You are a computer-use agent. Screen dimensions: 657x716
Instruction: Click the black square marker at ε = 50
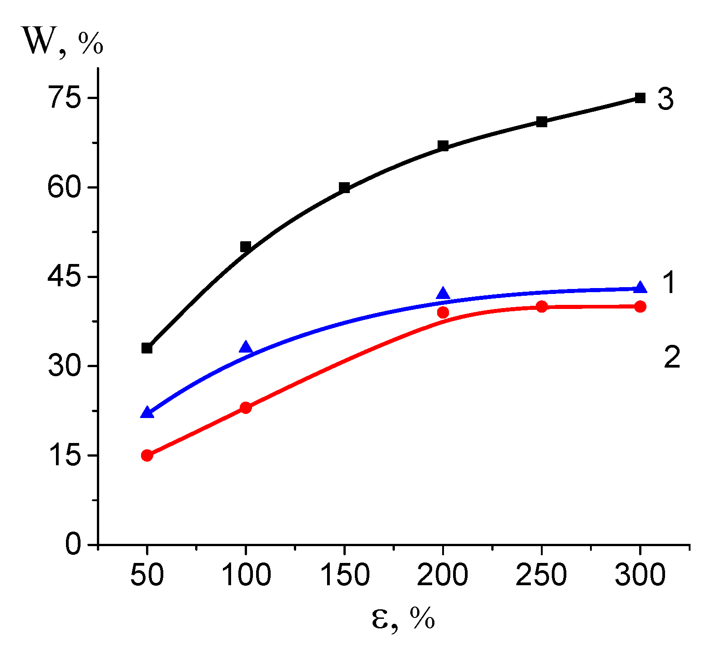[x=146, y=348]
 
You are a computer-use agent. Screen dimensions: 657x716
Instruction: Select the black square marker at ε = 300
[x=640, y=98]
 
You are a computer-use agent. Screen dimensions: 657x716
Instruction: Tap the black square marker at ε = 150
[x=344, y=188]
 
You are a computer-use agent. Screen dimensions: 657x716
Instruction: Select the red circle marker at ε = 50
[x=146, y=455]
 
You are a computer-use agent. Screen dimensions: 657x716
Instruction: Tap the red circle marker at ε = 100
[x=246, y=407]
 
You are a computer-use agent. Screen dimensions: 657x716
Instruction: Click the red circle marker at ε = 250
[x=541, y=306]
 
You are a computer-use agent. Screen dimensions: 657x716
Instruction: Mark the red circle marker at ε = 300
[x=640, y=306]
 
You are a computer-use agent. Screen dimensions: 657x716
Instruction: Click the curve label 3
[x=666, y=99]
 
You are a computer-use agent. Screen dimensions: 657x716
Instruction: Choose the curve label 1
[x=669, y=283]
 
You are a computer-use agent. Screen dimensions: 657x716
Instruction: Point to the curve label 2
[x=672, y=357]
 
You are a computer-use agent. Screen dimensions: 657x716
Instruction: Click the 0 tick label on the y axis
[x=73, y=544]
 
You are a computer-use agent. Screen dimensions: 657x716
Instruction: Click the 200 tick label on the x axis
[x=442, y=575]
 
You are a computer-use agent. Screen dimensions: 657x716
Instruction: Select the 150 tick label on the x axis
[x=344, y=575]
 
